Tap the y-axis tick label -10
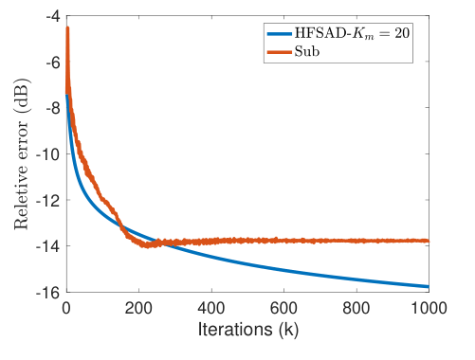(48, 154)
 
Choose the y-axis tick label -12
(48, 200)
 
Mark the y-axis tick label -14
(48, 246)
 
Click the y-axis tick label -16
(48, 292)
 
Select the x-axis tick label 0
(65, 308)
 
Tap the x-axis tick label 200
(138, 308)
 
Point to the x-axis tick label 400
(211, 308)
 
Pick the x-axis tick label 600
(283, 308)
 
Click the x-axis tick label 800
(356, 308)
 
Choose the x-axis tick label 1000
(429, 308)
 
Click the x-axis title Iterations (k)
(247, 331)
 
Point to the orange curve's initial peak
(67, 28)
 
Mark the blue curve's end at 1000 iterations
(429, 286)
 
